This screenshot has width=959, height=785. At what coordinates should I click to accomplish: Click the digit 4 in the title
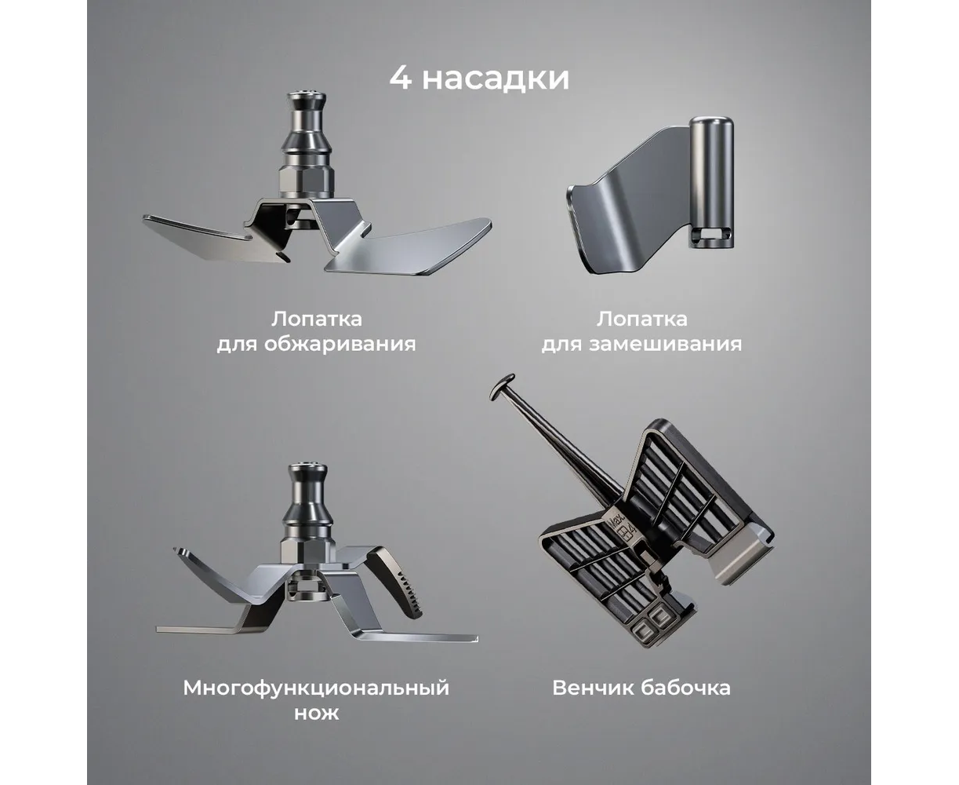coord(401,78)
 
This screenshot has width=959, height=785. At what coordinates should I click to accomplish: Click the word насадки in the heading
coord(496,78)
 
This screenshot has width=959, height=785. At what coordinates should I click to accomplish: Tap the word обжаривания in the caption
coord(340,344)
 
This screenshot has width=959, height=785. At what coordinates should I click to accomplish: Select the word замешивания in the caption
coord(665,344)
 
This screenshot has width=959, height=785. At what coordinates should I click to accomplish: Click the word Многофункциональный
coord(316,687)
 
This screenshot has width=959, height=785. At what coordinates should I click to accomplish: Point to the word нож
coord(317,713)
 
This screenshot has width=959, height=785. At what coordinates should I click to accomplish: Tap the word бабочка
coord(685,687)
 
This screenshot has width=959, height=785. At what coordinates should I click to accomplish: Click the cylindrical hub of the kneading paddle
coord(711,182)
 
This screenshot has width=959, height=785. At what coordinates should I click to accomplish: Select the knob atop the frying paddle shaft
coord(307,98)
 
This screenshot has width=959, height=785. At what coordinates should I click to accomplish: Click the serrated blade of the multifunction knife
coord(400,582)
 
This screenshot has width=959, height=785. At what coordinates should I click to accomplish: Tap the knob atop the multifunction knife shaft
coord(307,471)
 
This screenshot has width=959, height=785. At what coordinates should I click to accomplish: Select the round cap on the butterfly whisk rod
coord(503,386)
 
